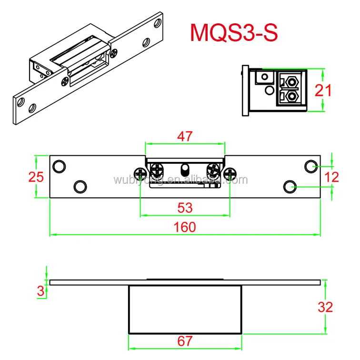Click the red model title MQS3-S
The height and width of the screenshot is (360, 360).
(233, 32)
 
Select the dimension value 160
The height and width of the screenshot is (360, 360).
(185, 227)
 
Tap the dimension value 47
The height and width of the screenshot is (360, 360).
(185, 136)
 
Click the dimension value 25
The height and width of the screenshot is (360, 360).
(36, 177)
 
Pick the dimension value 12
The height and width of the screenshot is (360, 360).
(331, 177)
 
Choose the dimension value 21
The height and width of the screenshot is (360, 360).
(324, 90)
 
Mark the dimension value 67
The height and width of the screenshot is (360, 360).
(185, 341)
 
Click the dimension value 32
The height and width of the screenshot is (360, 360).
(326, 307)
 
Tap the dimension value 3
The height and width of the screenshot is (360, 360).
(40, 290)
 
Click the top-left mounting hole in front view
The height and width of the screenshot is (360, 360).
(59, 166)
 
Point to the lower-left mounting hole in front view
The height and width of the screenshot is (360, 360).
(80, 185)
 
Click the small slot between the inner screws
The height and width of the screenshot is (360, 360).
(185, 170)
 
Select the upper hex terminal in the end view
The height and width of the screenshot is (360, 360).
(291, 80)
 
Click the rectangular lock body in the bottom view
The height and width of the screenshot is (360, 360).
(185, 309)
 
